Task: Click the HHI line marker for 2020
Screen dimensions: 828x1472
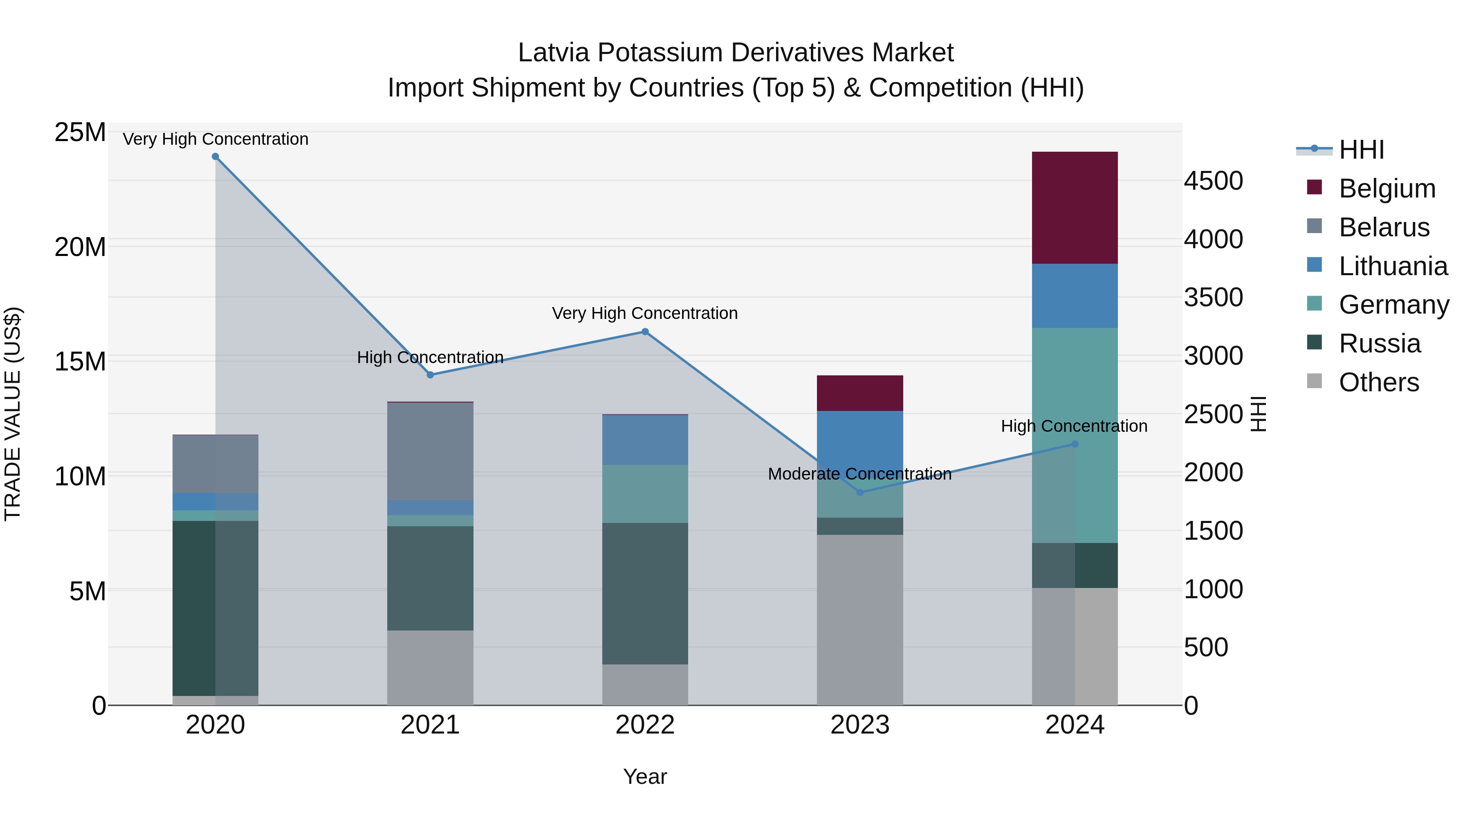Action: [215, 157]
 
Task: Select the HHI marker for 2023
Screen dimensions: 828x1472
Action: [860, 492]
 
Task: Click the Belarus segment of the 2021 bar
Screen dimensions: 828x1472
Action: [430, 451]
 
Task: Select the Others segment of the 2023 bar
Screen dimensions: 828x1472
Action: [860, 619]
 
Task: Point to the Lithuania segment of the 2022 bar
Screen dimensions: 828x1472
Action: [645, 440]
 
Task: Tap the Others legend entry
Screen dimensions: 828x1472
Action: [1378, 382]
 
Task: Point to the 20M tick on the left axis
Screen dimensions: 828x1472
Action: [80, 247]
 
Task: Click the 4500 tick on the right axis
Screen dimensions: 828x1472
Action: [1213, 181]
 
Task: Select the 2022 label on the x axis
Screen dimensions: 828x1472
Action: [645, 725]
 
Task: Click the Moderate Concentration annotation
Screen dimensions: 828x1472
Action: [859, 474]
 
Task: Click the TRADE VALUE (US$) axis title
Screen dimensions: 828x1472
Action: [13, 414]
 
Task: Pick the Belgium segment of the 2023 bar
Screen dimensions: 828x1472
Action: [860, 393]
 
